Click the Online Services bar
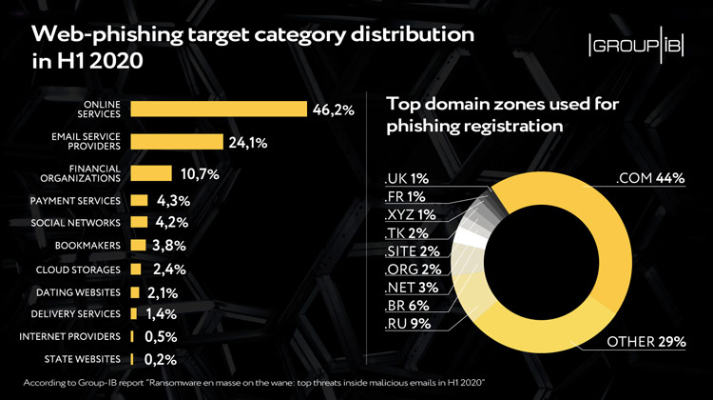click(x=219, y=110)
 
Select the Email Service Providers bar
click(x=175, y=143)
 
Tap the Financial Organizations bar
click(x=150, y=173)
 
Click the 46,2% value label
click(x=333, y=110)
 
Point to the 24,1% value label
click(x=246, y=144)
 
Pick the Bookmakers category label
click(x=87, y=245)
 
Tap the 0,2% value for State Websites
click(x=161, y=360)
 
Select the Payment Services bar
click(x=140, y=201)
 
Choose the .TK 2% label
click(x=406, y=232)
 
